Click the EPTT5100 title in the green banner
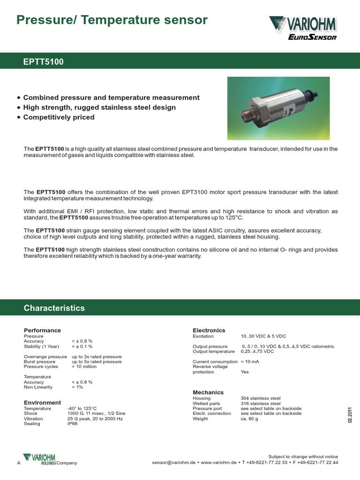click(x=44, y=62)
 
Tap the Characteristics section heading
click(x=54, y=308)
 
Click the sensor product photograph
click(x=278, y=108)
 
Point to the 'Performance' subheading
click(x=42, y=330)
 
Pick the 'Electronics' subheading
click(x=209, y=330)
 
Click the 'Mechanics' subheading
click(x=208, y=392)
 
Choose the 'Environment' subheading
click(x=42, y=403)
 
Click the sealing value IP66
click(x=72, y=424)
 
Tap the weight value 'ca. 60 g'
click(x=249, y=419)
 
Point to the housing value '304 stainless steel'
click(x=261, y=398)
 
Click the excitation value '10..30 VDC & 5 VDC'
click(x=263, y=337)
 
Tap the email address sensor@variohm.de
click(x=173, y=463)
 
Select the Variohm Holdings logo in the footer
click(x=39, y=459)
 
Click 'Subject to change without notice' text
click(x=303, y=457)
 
